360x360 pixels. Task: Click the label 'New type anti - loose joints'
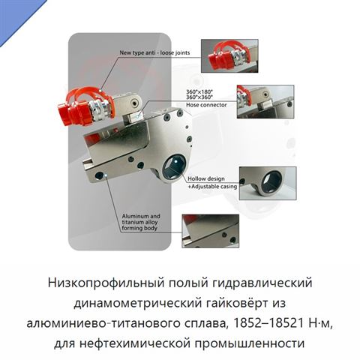[x=154, y=52]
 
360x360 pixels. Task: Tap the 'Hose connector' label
[x=206, y=105]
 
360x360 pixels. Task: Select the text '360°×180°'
[x=199, y=91]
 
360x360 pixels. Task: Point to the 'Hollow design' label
[x=206, y=178]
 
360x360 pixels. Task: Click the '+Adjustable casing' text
[x=212, y=187]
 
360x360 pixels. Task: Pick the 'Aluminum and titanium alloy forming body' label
[x=141, y=222]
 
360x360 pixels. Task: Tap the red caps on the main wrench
[x=72, y=112]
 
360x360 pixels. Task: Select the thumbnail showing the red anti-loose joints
[x=229, y=55]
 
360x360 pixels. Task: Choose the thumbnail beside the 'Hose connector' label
[x=265, y=101]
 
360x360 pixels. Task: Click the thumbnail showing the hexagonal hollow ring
[x=268, y=183]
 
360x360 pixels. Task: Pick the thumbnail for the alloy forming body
[x=211, y=231]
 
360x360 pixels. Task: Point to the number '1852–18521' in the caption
[x=268, y=323]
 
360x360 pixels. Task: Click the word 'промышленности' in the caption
[x=250, y=343]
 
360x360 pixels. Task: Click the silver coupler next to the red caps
[x=98, y=110]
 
